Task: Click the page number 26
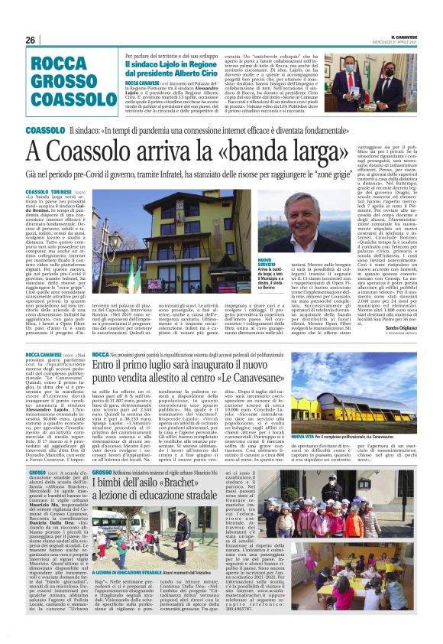31,40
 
